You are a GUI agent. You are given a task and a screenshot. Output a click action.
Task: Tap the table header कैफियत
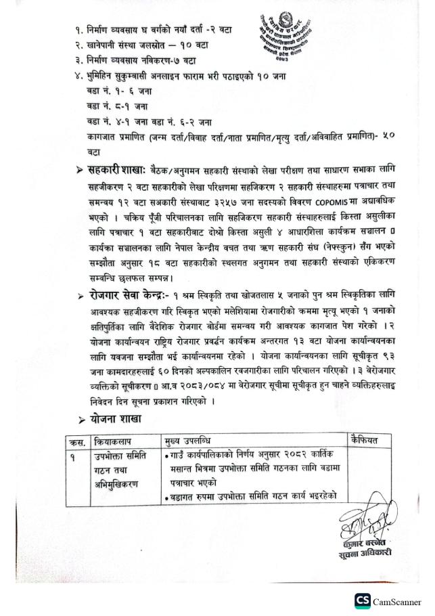[x=366, y=441]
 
